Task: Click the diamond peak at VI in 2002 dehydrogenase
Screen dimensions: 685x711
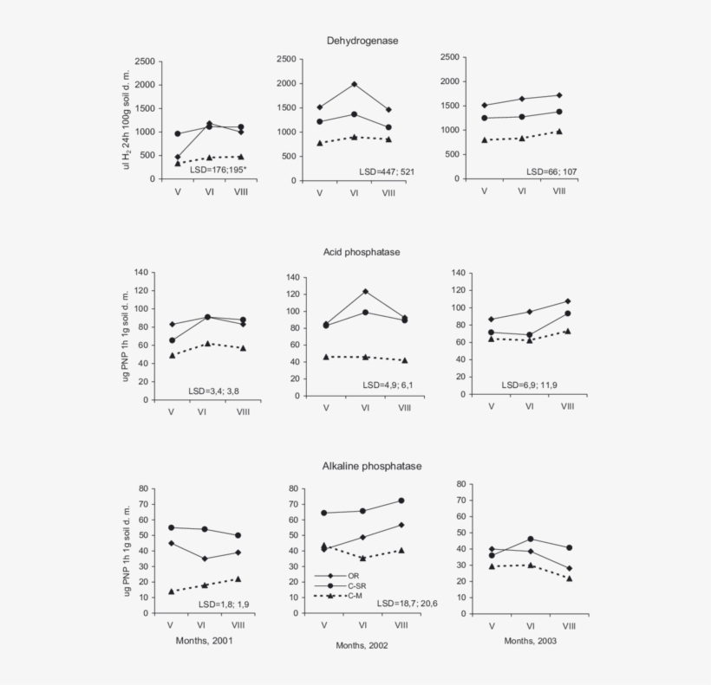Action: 354,84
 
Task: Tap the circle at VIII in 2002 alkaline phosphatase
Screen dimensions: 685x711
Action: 401,501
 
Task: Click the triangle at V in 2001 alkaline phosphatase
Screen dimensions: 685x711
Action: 171,591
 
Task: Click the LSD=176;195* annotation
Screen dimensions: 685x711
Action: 219,170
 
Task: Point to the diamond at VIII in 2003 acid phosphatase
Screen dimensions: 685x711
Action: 567,301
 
